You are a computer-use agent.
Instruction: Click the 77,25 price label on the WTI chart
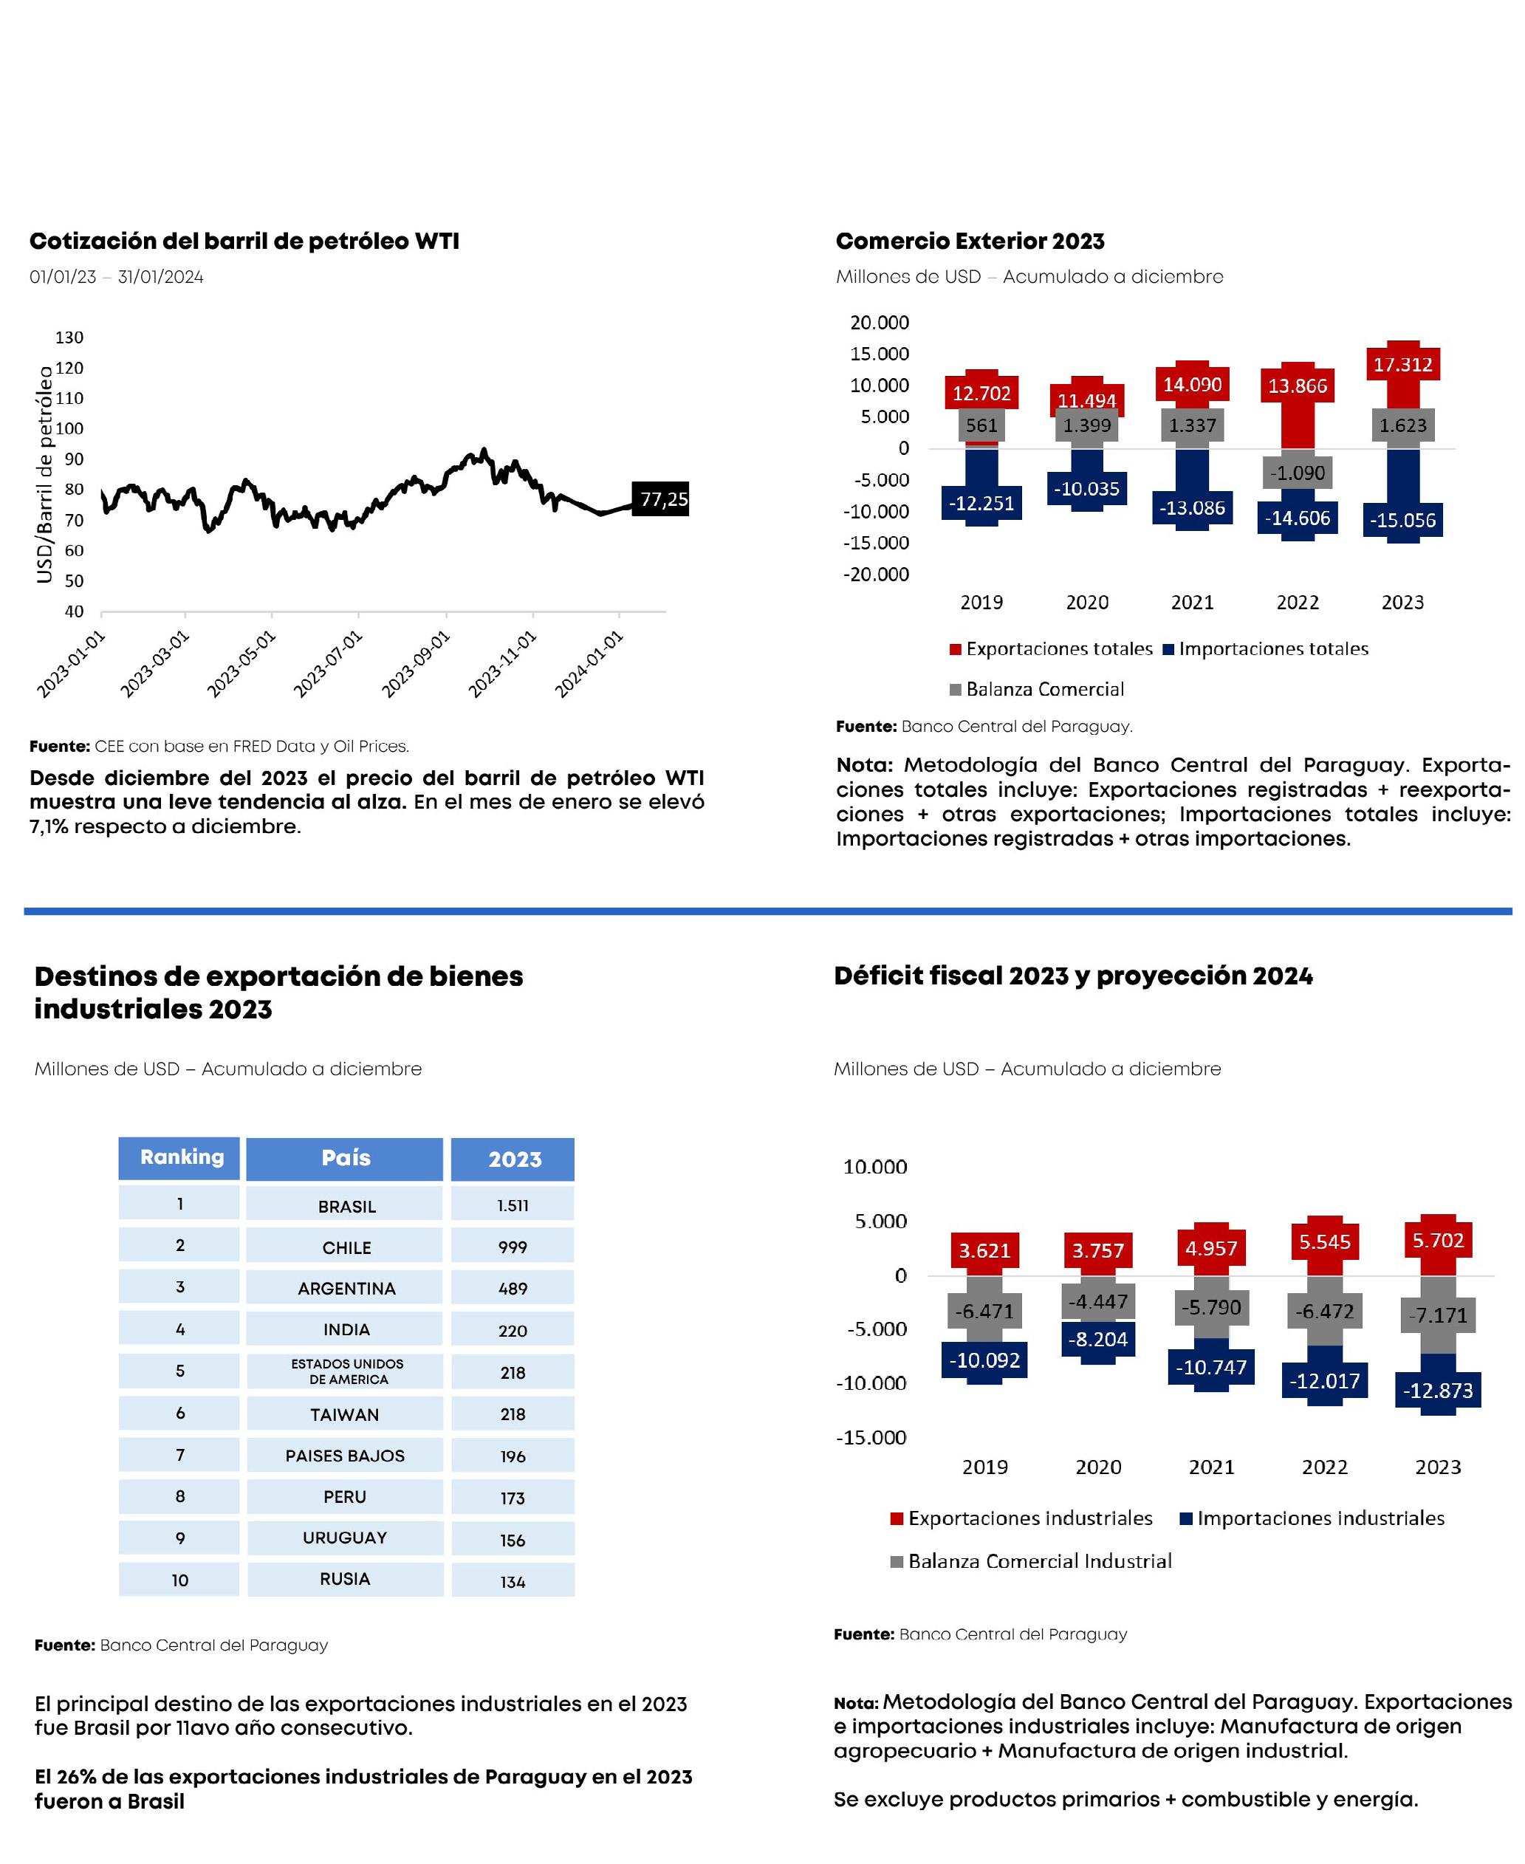[663, 499]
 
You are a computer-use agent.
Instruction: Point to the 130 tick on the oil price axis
[69, 337]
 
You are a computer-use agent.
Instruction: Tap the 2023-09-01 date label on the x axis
[417, 664]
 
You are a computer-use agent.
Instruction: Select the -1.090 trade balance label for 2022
[1298, 473]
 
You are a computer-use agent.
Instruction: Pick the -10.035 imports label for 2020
[1086, 488]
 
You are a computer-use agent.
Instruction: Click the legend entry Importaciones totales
[1273, 649]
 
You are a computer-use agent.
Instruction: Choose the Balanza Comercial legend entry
[1044, 690]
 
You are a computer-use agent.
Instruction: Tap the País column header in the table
[345, 1158]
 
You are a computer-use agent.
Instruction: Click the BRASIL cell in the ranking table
[347, 1206]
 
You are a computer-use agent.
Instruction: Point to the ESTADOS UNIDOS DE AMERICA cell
[347, 1371]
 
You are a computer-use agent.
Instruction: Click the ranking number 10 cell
[180, 1580]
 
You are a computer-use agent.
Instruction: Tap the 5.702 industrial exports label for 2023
[1437, 1240]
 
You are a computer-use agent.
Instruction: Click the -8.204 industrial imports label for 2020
[1097, 1340]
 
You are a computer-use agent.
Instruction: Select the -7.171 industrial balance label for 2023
[1437, 1315]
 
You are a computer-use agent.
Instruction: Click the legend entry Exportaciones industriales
[1029, 1518]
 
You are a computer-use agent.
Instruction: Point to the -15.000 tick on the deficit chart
[871, 1438]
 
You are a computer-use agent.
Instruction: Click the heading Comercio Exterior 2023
[970, 241]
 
